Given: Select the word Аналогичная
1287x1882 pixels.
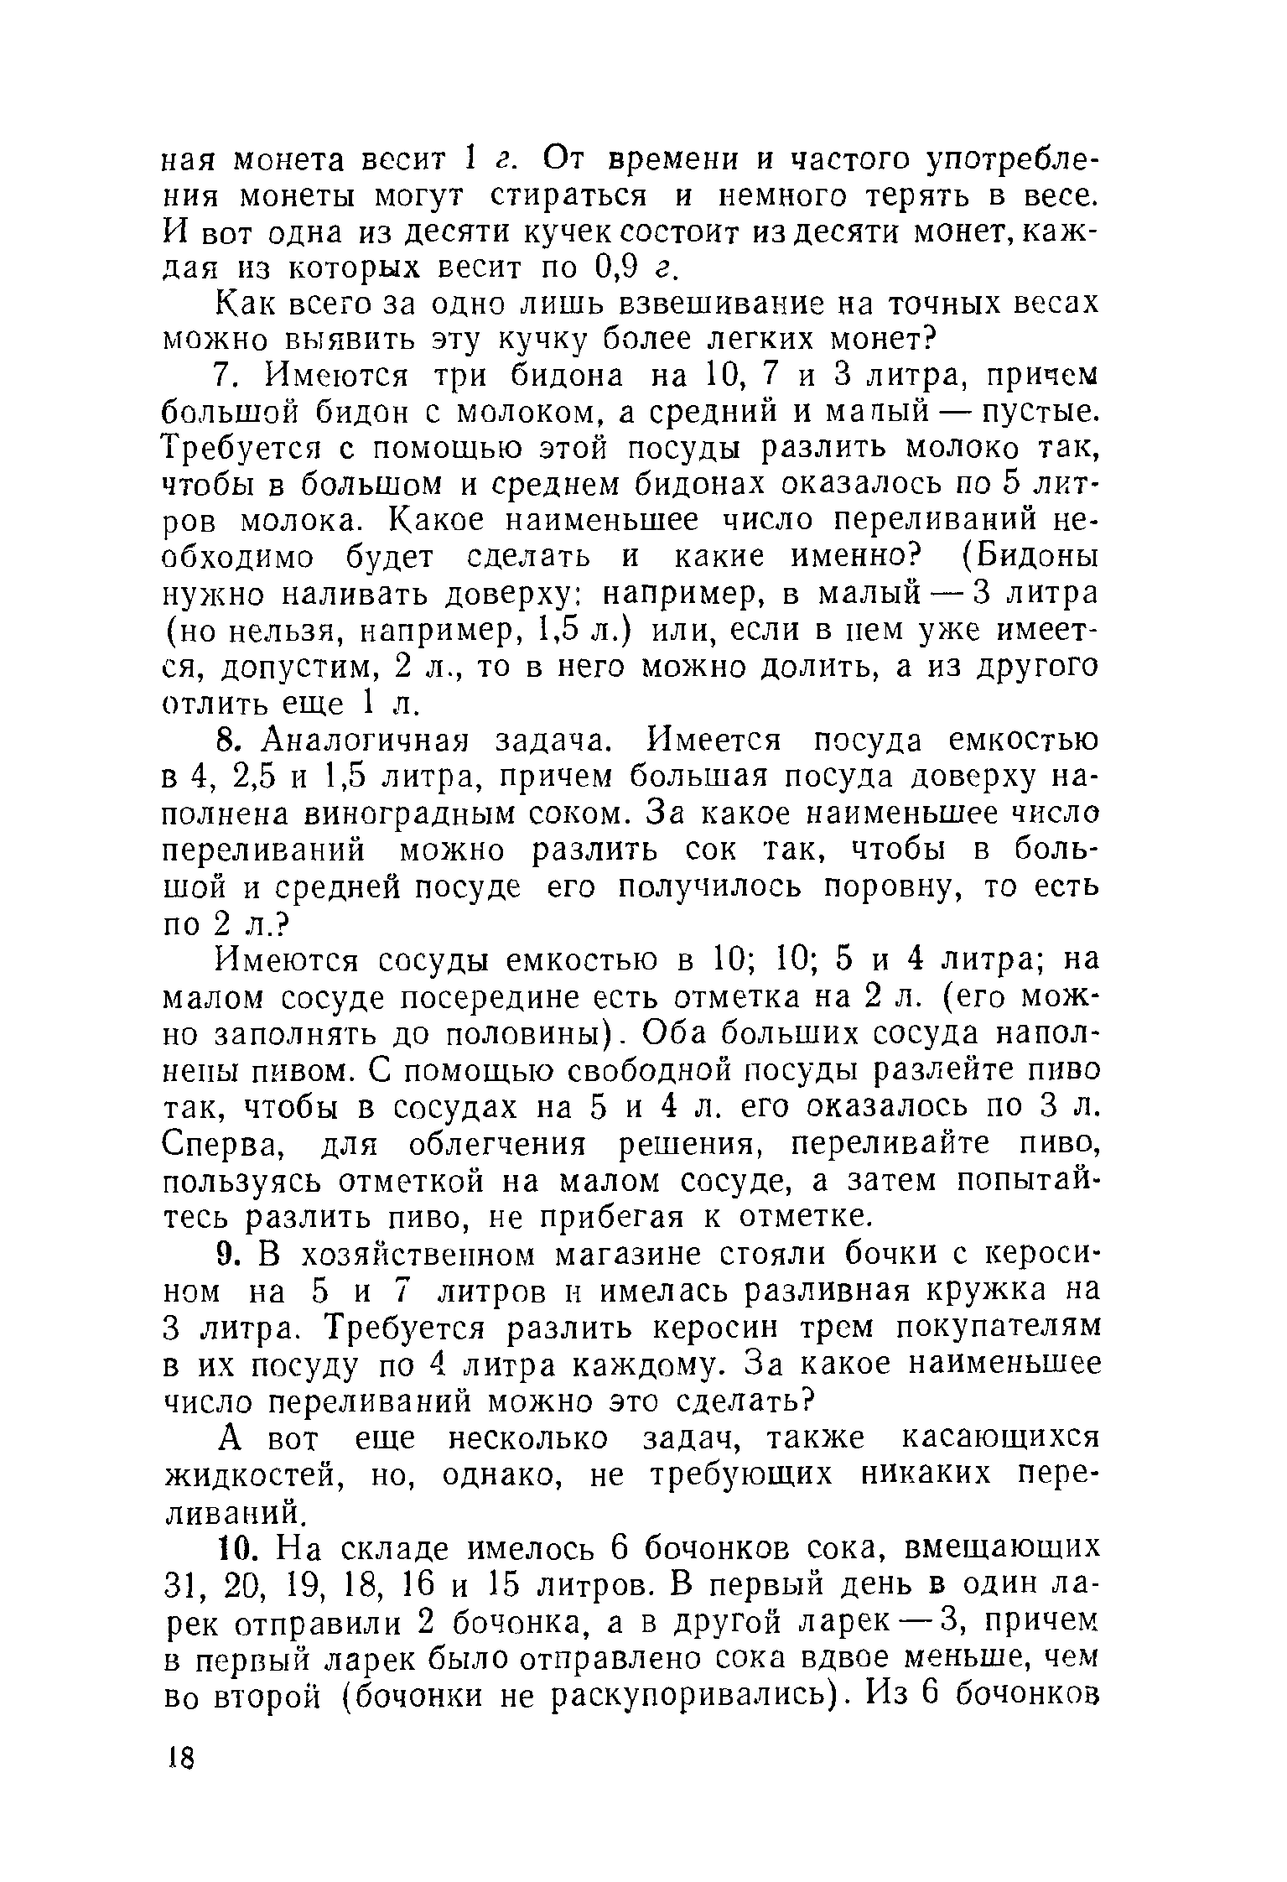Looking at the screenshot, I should point(365,741).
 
